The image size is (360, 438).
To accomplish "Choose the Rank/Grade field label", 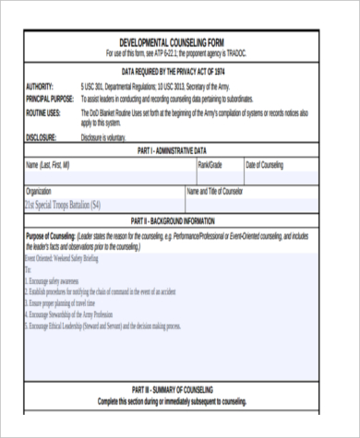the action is pos(210,164).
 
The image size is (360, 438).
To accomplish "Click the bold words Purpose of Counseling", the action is pos(50,235).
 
